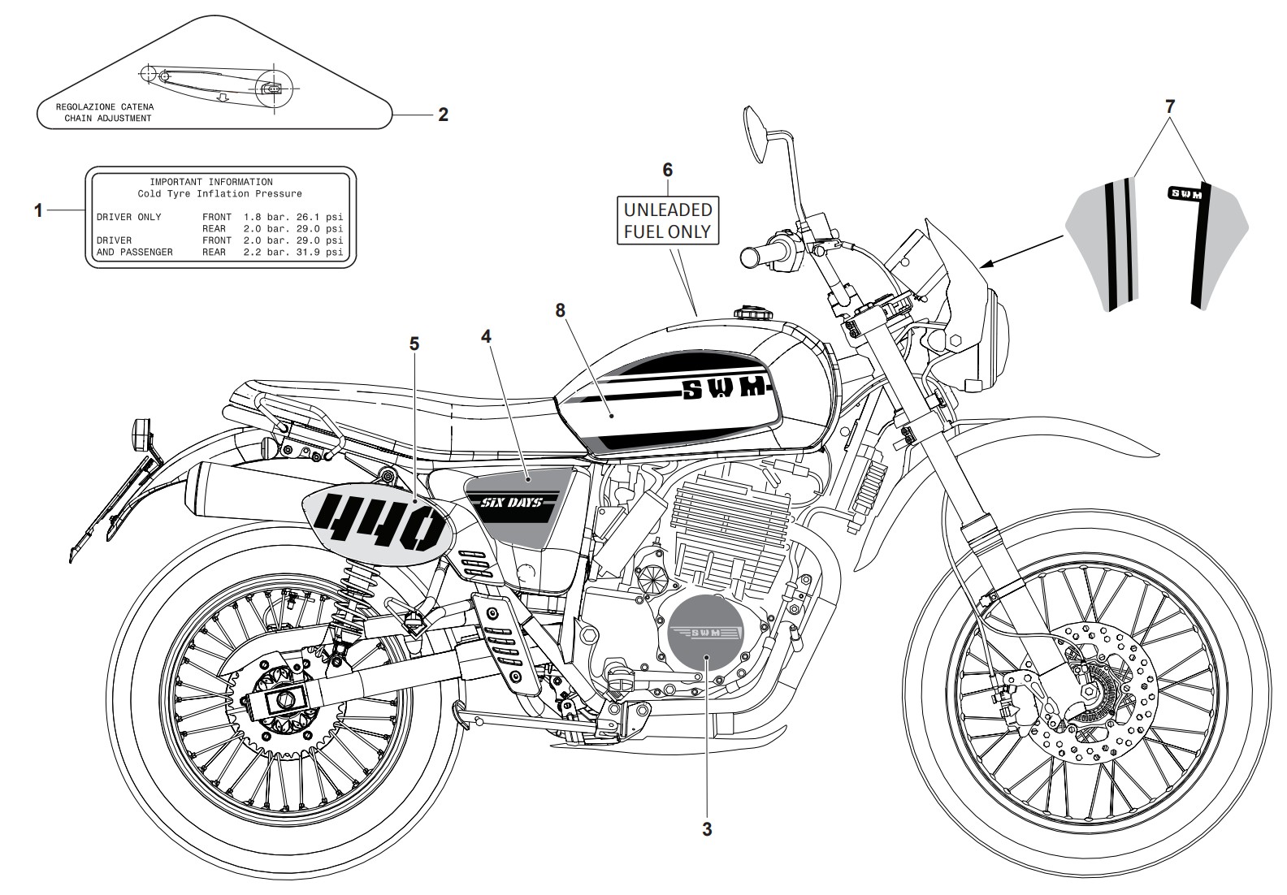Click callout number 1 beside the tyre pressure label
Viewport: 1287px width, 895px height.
pyautogui.click(x=38, y=211)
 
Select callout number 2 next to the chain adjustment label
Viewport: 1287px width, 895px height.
pyautogui.click(x=443, y=115)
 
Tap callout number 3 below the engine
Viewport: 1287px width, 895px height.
pyautogui.click(x=707, y=829)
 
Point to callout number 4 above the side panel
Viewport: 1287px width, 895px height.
pyautogui.click(x=486, y=336)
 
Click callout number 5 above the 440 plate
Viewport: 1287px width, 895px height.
pyautogui.click(x=414, y=344)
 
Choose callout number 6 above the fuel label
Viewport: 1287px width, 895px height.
pyautogui.click(x=668, y=170)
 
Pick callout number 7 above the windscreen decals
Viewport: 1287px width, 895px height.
pyautogui.click(x=1170, y=106)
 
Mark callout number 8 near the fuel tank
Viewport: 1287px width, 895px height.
pyautogui.click(x=560, y=311)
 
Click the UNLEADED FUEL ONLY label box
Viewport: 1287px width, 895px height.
pyautogui.click(x=668, y=221)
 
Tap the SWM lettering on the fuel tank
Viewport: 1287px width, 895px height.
pyautogui.click(x=724, y=389)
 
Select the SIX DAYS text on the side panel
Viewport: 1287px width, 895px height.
pyautogui.click(x=511, y=503)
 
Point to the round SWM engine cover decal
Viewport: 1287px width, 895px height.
pyautogui.click(x=706, y=633)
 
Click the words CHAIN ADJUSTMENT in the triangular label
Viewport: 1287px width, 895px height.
pyautogui.click(x=108, y=119)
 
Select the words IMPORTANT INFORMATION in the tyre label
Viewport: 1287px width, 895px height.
pyautogui.click(x=211, y=182)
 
